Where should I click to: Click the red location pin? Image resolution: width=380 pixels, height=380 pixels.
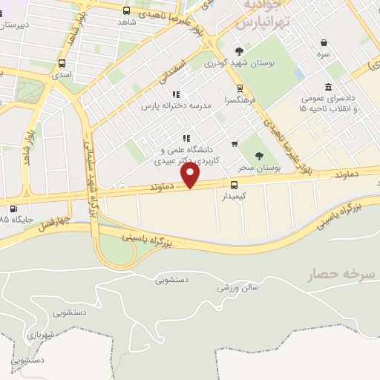[x=191, y=175]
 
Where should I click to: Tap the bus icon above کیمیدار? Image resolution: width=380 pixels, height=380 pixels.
[x=235, y=186]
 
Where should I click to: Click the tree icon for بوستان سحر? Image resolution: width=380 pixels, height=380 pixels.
[x=259, y=155]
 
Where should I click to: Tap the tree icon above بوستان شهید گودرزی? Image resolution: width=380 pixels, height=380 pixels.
[x=239, y=51]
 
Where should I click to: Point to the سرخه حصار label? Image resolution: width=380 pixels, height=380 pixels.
[x=337, y=275]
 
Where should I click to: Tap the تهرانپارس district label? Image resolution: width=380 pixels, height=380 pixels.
[x=261, y=24]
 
